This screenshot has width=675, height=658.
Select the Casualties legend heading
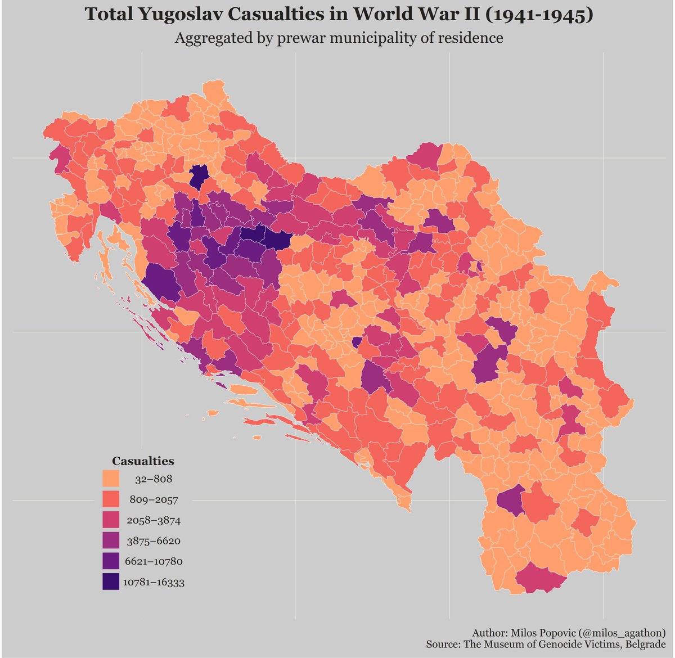point(143,461)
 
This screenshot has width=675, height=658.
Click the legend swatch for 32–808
point(111,479)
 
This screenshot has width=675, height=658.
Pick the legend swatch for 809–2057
point(111,500)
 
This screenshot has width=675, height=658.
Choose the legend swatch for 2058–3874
point(111,520)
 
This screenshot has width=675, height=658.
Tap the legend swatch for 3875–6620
point(111,541)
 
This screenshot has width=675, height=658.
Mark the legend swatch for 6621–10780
point(111,561)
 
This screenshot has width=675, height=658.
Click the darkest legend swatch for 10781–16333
point(111,582)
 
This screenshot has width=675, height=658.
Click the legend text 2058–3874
point(154,521)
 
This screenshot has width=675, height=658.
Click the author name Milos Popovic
point(535,632)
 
